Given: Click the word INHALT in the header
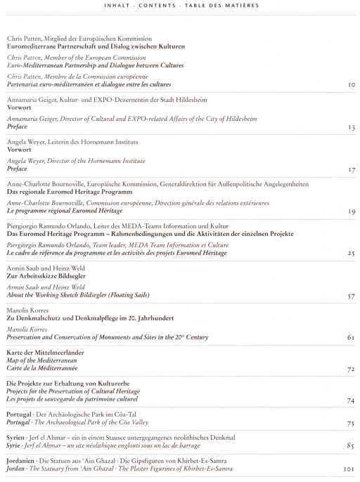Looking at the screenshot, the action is [x=117, y=6].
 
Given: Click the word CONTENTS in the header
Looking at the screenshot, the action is [x=157, y=6].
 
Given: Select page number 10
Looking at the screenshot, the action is [x=352, y=84].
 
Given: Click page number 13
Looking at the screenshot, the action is [x=352, y=127].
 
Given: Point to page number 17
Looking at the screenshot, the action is [x=352, y=169].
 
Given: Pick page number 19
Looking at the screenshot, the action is [x=352, y=211].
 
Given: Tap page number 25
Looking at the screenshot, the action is [x=352, y=253].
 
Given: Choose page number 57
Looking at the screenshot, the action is [x=352, y=297].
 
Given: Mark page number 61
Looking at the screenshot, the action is [x=351, y=337].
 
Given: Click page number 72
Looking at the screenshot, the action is [x=351, y=369].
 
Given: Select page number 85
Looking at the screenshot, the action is [x=350, y=445].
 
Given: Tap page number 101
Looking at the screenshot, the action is [x=349, y=469].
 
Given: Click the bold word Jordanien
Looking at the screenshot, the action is [x=20, y=461].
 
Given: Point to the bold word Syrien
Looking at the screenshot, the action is [x=15, y=438].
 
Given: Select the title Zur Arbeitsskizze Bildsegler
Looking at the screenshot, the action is [x=46, y=275].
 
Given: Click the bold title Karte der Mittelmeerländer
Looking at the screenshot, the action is [x=45, y=352].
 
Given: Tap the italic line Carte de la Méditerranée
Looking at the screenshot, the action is [x=42, y=368].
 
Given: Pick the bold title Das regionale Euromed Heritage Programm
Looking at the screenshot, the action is [x=70, y=192].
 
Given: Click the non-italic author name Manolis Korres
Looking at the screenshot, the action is [x=27, y=310].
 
